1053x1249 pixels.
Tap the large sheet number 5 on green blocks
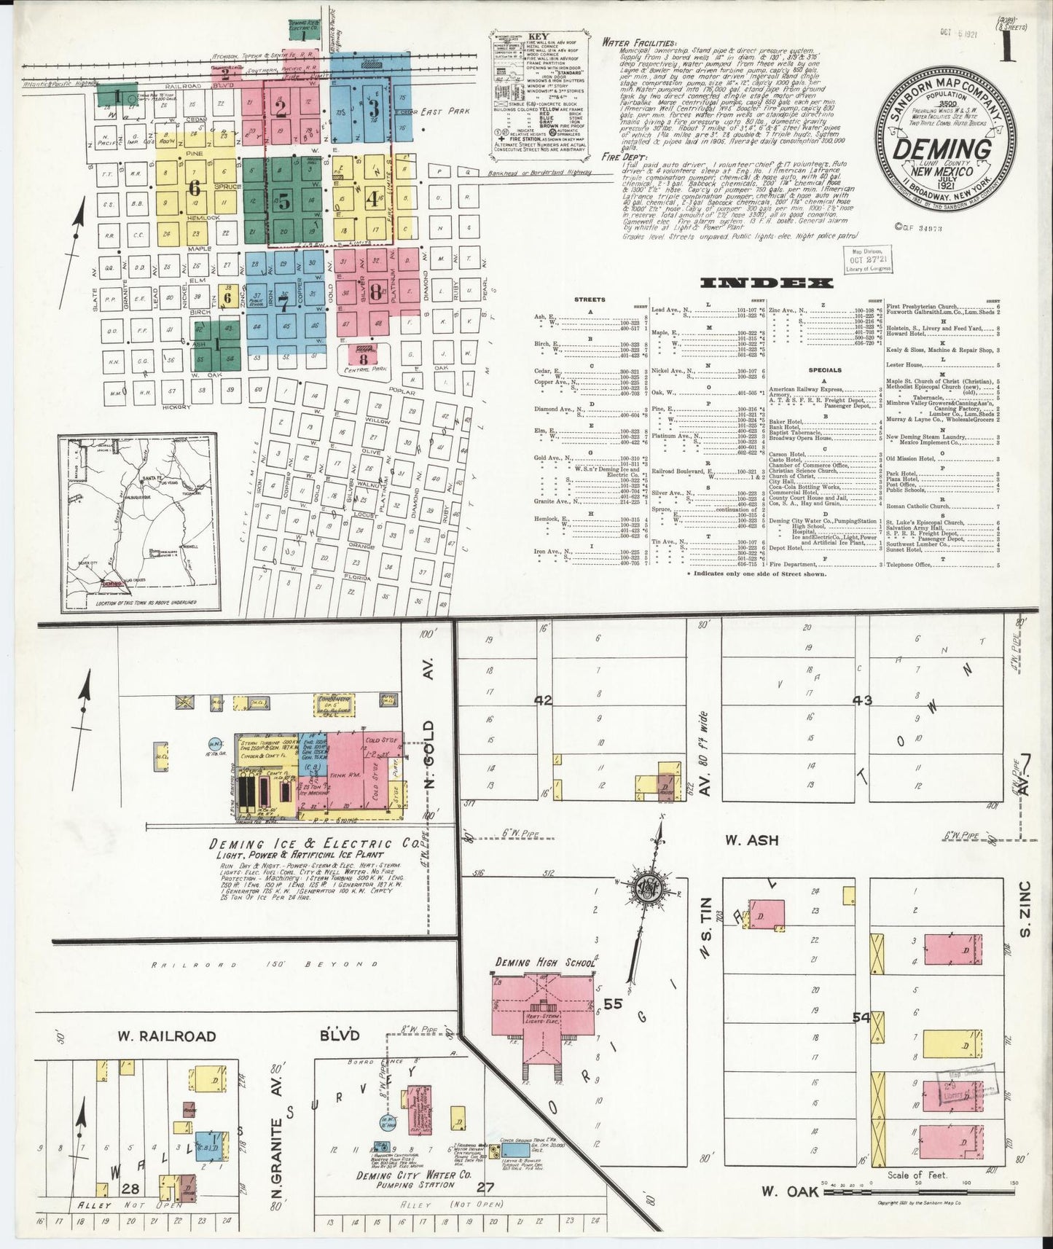tap(283, 200)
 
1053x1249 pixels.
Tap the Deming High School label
tap(545, 963)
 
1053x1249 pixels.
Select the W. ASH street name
tap(751, 840)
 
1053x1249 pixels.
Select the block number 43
tap(862, 700)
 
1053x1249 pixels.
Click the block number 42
tap(543, 700)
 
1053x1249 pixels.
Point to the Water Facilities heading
tap(639, 43)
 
